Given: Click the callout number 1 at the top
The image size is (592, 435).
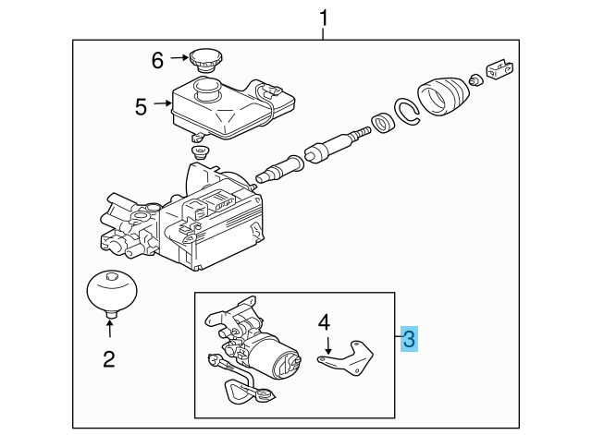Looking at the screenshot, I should tap(324, 17).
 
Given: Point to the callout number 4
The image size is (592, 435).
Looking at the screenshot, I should tap(324, 322).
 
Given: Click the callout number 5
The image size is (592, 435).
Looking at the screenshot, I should tap(141, 107).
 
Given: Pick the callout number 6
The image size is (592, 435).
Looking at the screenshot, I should tap(157, 60).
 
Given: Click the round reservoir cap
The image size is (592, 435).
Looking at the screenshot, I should tap(203, 60).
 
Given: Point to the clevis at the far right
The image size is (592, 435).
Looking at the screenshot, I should tap(501, 68).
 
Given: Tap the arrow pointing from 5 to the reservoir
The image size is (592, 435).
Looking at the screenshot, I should tap(162, 106).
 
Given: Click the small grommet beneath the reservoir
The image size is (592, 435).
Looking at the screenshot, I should tap(197, 151).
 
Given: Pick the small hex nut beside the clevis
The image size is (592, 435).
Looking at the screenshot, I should tap(475, 80).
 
